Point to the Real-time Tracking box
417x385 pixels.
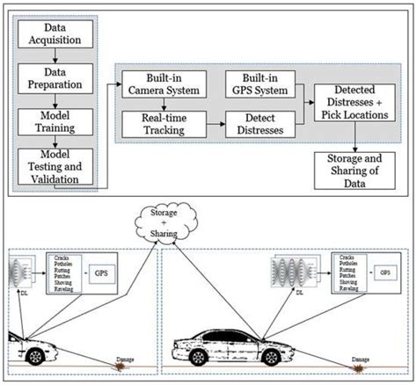pos(165,124)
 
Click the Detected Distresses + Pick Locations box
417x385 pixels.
pos(355,104)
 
